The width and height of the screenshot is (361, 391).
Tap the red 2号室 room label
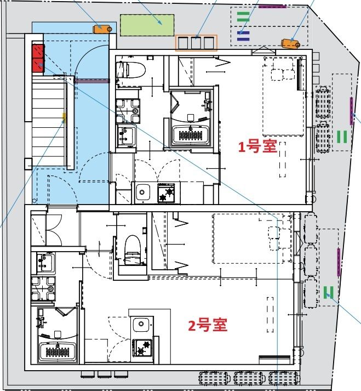pyautogui.click(x=208, y=326)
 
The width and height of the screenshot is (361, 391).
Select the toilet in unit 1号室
pyautogui.click(x=131, y=70)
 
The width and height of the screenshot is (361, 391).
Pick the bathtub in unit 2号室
pyautogui.click(x=58, y=351)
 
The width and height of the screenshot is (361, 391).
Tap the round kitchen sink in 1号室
pyautogui.click(x=143, y=192)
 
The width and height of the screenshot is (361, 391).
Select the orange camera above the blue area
pyautogui.click(x=102, y=28)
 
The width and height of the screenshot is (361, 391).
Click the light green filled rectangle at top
pyautogui.click(x=147, y=25)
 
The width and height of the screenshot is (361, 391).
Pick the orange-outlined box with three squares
pyautogui.click(x=196, y=43)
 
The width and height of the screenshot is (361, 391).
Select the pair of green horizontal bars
pyautogui.click(x=243, y=16)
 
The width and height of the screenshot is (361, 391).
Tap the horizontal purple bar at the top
pyautogui.click(x=272, y=6)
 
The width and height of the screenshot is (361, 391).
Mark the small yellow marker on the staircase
pyautogui.click(x=64, y=116)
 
